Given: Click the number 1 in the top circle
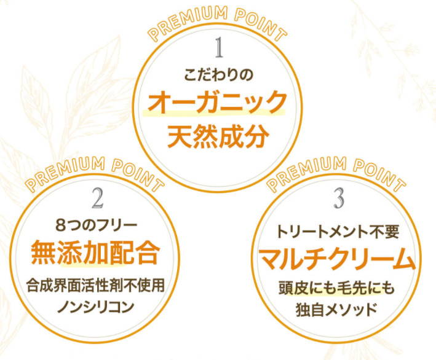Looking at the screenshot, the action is [x=220, y=47].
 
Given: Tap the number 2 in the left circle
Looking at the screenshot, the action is [x=98, y=198].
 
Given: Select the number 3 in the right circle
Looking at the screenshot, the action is [x=339, y=198].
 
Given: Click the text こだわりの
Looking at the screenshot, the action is [x=218, y=75].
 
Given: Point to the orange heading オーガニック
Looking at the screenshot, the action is [x=216, y=102].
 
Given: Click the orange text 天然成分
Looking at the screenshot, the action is [x=218, y=136].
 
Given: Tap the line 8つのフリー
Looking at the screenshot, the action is [x=96, y=225].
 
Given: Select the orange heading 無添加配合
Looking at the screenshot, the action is [x=95, y=252].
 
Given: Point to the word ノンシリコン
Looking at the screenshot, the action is [x=96, y=307].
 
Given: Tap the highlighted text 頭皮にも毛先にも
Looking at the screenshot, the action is [x=336, y=288].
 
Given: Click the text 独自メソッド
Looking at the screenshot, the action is [x=336, y=310].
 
